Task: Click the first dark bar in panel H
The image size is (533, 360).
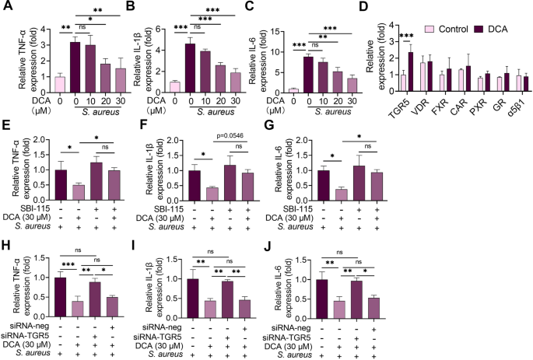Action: pos(60,296)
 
